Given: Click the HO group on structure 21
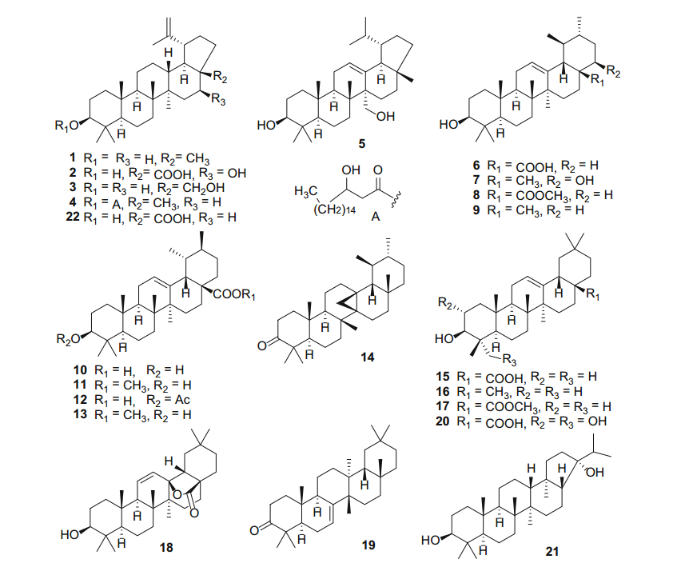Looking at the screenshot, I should (x=431, y=541).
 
